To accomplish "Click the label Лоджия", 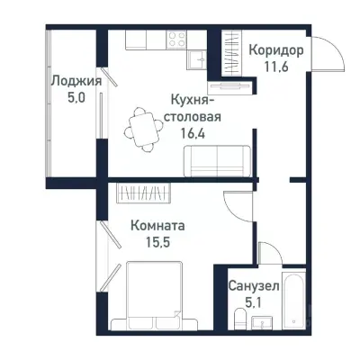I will click(75, 80).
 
